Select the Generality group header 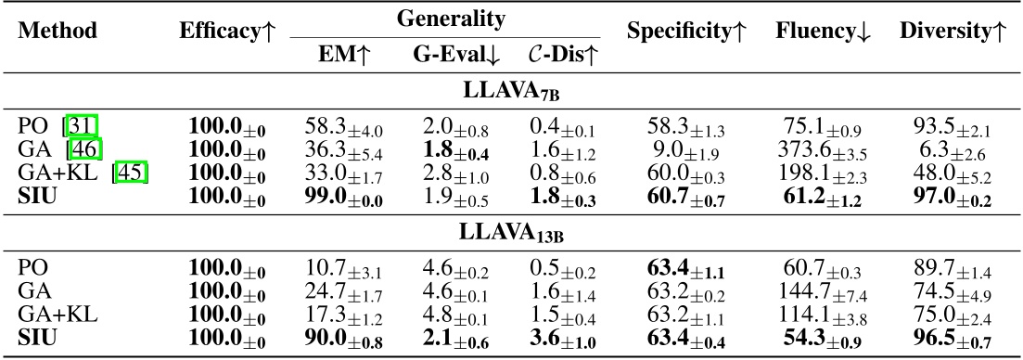(444, 18)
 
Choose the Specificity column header (687, 31)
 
